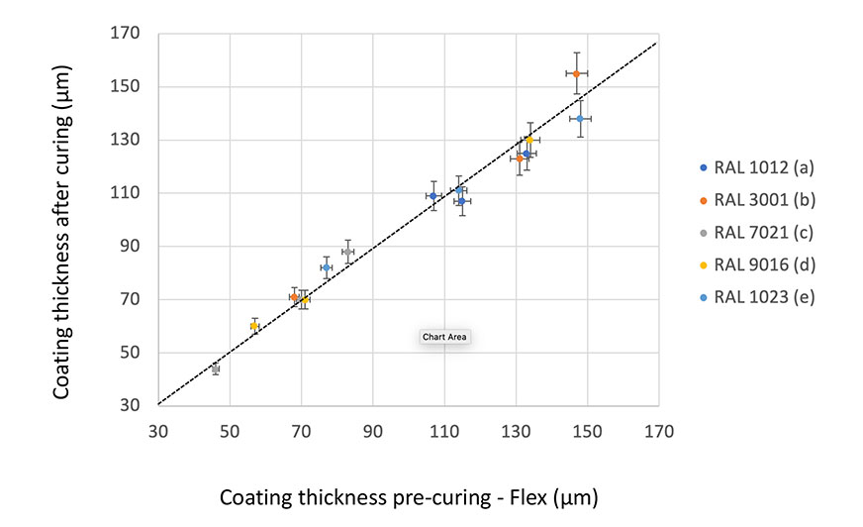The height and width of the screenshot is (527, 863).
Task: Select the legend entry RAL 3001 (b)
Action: [755, 199]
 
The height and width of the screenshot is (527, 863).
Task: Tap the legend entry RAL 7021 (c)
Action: [755, 232]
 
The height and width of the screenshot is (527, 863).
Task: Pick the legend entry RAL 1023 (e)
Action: [755, 296]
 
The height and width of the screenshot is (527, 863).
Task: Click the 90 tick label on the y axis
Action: [132, 247]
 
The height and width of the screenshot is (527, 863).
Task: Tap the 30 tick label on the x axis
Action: [158, 433]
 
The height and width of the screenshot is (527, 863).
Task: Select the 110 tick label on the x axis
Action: [444, 433]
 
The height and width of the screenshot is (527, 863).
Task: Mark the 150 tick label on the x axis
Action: [587, 433]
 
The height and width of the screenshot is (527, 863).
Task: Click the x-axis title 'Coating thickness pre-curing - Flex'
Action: [409, 495]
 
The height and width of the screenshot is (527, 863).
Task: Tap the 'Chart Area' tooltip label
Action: [444, 337]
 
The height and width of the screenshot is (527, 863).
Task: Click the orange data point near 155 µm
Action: [576, 73]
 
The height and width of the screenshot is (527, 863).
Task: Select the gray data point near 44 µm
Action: [216, 369]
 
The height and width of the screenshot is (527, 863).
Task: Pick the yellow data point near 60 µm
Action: [254, 326]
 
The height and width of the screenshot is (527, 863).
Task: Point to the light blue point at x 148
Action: [580, 119]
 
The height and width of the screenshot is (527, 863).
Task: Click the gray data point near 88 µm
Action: [347, 252]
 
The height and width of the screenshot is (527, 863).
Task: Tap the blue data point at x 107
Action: [433, 196]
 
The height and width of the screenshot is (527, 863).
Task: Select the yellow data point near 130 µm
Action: [529, 140]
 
